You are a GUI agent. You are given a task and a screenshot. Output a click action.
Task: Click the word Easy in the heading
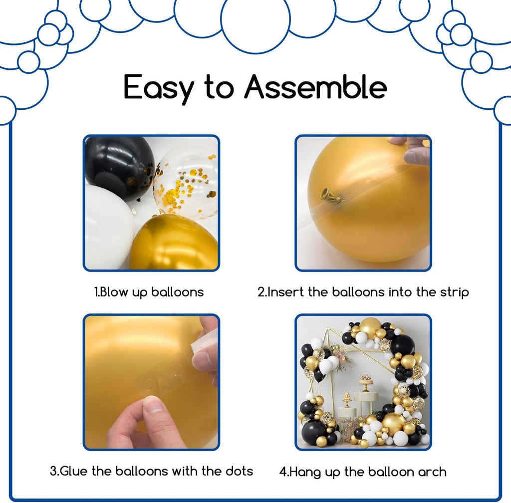pyautogui.click(x=159, y=88)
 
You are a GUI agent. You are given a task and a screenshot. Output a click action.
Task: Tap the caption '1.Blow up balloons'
pyautogui.click(x=149, y=292)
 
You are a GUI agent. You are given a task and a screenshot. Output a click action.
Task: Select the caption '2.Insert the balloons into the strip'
pyautogui.click(x=363, y=292)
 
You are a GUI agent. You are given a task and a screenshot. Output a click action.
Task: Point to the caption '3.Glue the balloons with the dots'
pyautogui.click(x=152, y=471)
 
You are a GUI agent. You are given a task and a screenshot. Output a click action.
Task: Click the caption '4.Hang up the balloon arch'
pyautogui.click(x=363, y=472)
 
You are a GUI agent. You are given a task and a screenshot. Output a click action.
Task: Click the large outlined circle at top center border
pyautogui.click(x=255, y=19)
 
